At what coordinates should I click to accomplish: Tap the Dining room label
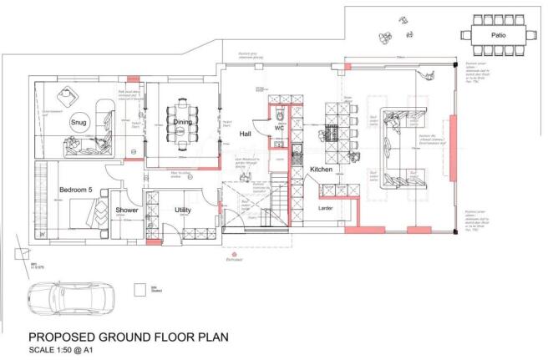(x=184, y=123)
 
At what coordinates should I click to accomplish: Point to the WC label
(x=280, y=129)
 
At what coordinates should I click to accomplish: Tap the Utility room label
(x=184, y=210)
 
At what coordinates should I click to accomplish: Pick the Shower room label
(x=128, y=210)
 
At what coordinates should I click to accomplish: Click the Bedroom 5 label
(x=74, y=190)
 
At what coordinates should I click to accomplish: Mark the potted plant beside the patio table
(x=387, y=35)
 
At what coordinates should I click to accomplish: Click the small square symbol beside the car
(x=139, y=289)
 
